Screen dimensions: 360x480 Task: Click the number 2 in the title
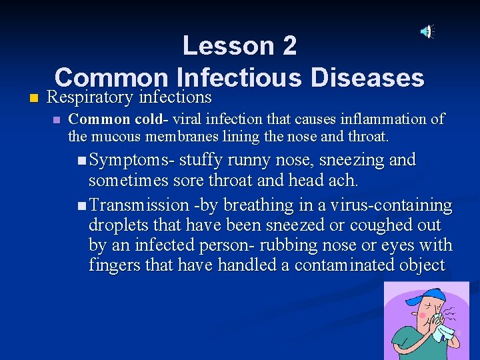pyautogui.click(x=289, y=46)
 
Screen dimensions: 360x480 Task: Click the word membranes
pyautogui.click(x=155, y=137)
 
